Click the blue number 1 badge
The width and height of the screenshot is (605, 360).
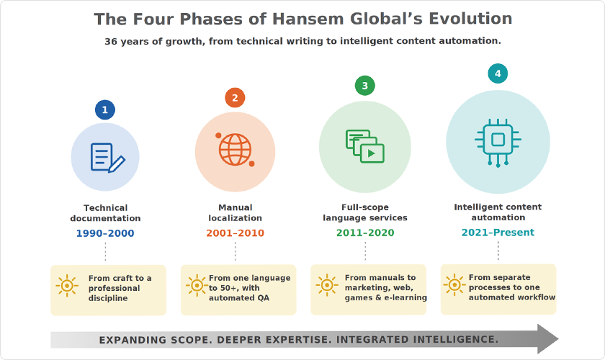(105, 109)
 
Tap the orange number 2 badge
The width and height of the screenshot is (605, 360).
(235, 98)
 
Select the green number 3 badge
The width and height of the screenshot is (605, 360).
(365, 85)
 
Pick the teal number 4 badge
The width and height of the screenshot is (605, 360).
(498, 73)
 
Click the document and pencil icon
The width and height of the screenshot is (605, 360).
(107, 158)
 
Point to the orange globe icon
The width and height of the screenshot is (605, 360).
(235, 149)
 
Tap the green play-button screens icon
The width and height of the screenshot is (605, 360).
(365, 146)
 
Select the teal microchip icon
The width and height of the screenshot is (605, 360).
(498, 143)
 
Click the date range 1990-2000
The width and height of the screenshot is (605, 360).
(105, 233)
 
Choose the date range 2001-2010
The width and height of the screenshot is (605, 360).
(235, 233)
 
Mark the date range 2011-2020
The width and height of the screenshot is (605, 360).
(365, 233)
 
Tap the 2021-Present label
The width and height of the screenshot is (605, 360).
(498, 233)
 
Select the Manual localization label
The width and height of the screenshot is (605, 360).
(235, 212)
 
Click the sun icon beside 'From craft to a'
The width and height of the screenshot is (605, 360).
(67, 286)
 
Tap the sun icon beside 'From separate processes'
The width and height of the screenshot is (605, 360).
(454, 285)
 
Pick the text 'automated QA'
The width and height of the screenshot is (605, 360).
(239, 298)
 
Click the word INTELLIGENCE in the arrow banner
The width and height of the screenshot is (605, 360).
(455, 340)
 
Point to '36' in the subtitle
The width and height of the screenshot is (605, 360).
(110, 41)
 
